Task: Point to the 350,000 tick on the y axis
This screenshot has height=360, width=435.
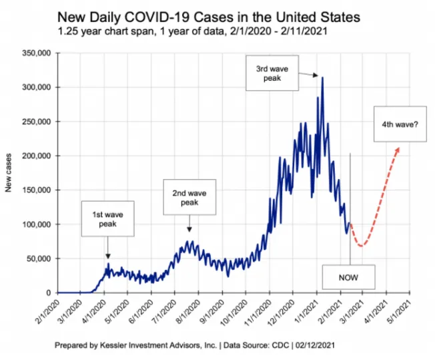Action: (x=36, y=53)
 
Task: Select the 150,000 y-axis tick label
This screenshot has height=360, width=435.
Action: (x=36, y=190)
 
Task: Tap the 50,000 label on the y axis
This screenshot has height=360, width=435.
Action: (x=39, y=258)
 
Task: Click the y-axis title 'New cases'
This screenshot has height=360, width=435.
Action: (x=8, y=172)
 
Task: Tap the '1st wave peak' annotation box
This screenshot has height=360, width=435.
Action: (x=107, y=219)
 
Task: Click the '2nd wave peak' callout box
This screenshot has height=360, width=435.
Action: (x=189, y=197)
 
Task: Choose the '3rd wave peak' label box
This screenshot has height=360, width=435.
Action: (x=272, y=73)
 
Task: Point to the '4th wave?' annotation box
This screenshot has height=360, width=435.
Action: (x=400, y=124)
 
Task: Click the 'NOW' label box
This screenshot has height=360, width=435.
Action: (x=348, y=277)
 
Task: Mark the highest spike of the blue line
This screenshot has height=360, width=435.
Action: (x=322, y=77)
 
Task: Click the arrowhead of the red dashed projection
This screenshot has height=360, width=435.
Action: (x=398, y=150)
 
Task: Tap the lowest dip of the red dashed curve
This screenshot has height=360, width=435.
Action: (x=361, y=246)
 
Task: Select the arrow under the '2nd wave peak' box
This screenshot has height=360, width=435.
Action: (x=189, y=223)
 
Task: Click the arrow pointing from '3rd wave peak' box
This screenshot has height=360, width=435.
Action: (x=308, y=74)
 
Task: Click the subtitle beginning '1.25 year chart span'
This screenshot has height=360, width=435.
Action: (x=192, y=31)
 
